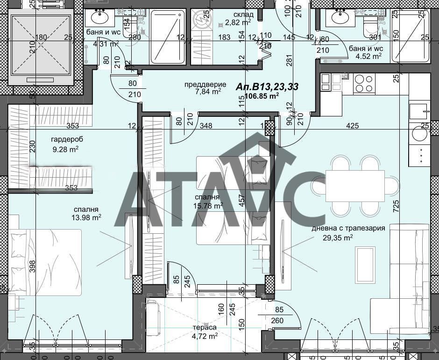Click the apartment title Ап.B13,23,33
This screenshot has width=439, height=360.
pyautogui.click(x=268, y=86)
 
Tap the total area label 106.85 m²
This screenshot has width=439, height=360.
pyautogui.click(x=262, y=96)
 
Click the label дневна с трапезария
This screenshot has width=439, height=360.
pyautogui.click(x=348, y=228)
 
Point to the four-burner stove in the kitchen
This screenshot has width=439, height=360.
pyautogui.click(x=364, y=84)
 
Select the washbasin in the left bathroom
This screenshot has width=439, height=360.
pyautogui.click(x=99, y=18)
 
